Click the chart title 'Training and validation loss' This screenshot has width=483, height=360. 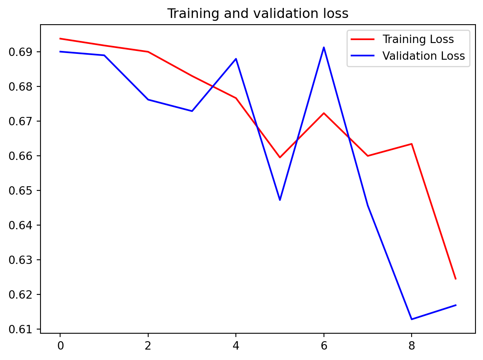coord(258,14)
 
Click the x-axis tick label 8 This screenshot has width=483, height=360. coord(412,346)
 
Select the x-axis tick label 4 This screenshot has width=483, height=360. coord(236,346)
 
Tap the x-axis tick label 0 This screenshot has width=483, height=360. coord(60,346)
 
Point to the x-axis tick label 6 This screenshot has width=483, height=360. coord(324,346)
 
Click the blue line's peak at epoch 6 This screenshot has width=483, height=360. coord(324,47)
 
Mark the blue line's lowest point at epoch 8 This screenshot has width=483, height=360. coord(412,319)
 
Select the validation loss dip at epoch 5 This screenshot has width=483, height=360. coord(280,200)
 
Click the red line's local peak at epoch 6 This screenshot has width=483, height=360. coord(324,113)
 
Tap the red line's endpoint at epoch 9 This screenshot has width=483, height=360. coord(455,279)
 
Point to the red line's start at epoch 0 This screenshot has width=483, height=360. coord(60,38)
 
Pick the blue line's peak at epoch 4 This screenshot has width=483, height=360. coord(236,59)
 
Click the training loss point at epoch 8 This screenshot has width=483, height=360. coord(412,144)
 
